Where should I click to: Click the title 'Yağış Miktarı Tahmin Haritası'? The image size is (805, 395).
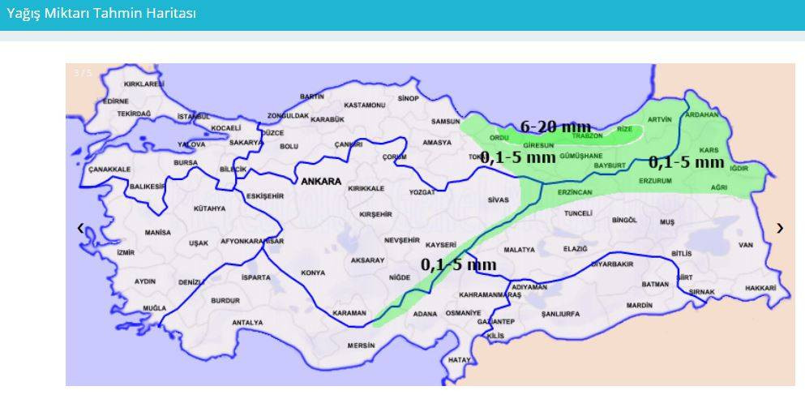tap(101, 14)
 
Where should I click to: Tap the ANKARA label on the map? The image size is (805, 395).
tap(321, 182)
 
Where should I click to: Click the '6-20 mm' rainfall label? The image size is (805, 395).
tap(555, 126)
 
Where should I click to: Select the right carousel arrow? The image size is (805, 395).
tap(780, 228)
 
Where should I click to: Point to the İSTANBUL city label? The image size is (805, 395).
tap(193, 117)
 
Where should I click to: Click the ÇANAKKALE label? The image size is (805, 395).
tap(109, 169)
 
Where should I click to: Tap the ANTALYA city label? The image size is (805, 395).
tap(247, 322)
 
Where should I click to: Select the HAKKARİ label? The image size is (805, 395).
tap(760, 288)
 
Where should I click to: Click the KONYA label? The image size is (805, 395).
tap(313, 273)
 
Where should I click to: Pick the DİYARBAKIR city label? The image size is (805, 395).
tap(612, 264)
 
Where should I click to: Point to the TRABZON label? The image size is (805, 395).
tap(588, 135)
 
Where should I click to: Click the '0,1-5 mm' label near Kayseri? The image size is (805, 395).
tap(458, 264)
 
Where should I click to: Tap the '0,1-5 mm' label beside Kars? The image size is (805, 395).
tap(686, 162)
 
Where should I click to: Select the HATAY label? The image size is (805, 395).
tap(460, 359)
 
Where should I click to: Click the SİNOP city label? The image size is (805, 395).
tap(409, 98)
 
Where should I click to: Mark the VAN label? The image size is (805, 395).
tap(746, 245)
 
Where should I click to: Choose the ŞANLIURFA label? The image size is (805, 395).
tap(560, 313)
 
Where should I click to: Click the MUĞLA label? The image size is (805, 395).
tap(154, 308)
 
